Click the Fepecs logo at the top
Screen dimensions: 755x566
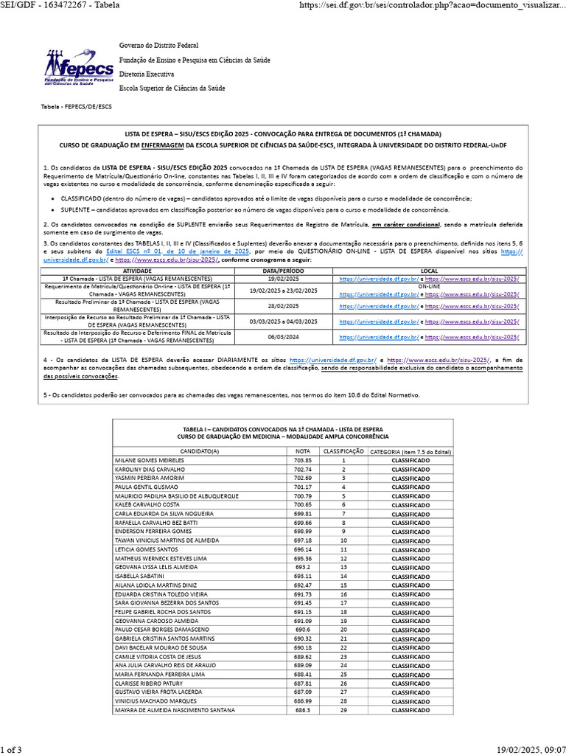tap(78, 67)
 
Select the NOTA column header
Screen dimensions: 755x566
tap(303, 451)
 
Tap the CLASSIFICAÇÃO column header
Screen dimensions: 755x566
tap(343, 451)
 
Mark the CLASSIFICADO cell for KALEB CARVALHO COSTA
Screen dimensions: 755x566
tap(410, 504)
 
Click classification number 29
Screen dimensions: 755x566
tap(343, 709)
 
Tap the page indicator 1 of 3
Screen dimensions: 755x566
tap(12, 750)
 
